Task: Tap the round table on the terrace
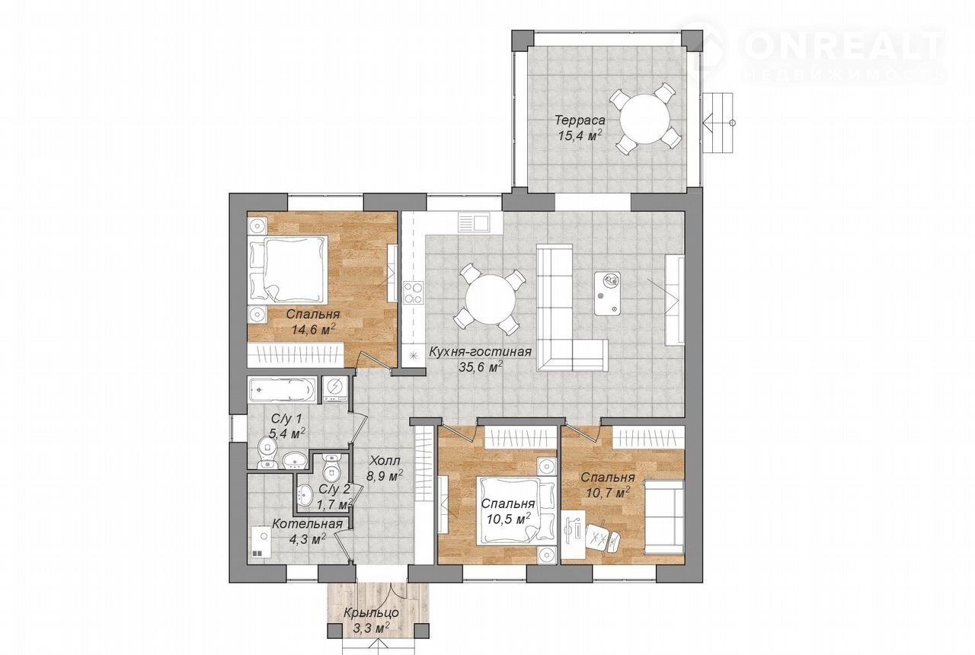(x=644, y=118)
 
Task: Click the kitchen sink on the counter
(x=474, y=223)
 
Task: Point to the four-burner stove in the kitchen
(x=414, y=292)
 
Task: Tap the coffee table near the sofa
(x=608, y=294)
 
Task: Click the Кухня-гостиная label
(x=480, y=352)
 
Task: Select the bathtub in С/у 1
(x=282, y=389)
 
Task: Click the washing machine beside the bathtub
(x=335, y=389)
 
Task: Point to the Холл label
(x=385, y=460)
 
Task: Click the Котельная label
(x=307, y=524)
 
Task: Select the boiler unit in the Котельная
(x=261, y=542)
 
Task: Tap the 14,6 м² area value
(x=313, y=329)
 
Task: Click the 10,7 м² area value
(x=609, y=493)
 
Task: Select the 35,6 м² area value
(x=481, y=366)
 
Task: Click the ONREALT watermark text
(x=842, y=47)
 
